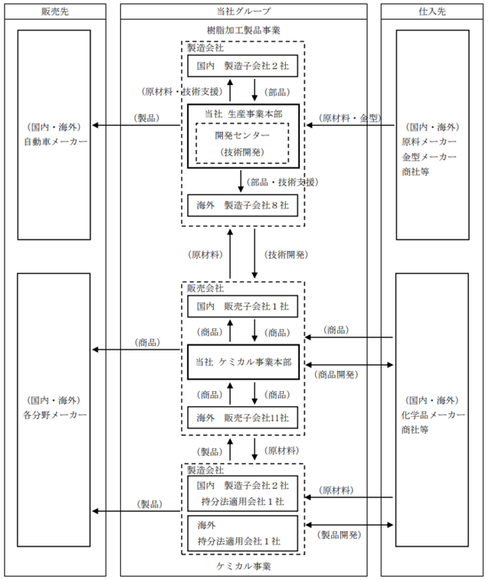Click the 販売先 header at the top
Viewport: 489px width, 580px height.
[x=55, y=11]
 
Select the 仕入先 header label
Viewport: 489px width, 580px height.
[x=432, y=11]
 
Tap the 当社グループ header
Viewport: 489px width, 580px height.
[x=244, y=11]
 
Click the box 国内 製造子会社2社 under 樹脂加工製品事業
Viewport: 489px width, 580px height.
[x=243, y=66]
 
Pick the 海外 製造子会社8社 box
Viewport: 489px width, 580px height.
[x=243, y=205]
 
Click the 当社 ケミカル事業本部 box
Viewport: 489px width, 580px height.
[x=244, y=362]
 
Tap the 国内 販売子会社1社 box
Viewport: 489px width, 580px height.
[x=243, y=306]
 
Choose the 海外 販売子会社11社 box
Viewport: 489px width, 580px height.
[x=243, y=418]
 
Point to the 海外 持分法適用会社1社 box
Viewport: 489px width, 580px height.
[x=243, y=533]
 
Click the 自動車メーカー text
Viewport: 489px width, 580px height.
[x=55, y=142]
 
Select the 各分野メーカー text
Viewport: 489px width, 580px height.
[x=55, y=415]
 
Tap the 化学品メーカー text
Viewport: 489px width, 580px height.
[x=433, y=415]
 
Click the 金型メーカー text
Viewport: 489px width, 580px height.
[x=429, y=157]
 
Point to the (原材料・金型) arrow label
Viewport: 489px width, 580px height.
[x=350, y=118]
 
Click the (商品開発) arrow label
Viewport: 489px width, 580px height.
[x=336, y=375]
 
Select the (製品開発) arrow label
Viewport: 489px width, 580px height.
[x=339, y=535]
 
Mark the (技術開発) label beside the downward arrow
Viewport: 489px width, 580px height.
[x=286, y=255]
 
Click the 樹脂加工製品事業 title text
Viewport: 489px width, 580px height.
[x=244, y=31]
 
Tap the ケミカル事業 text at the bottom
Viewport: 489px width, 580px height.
[x=244, y=566]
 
